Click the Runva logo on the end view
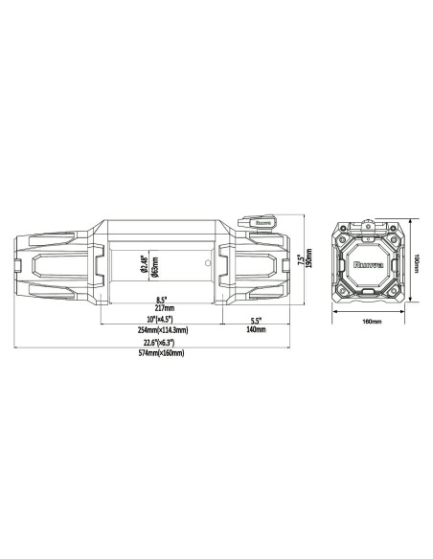pos(366,259)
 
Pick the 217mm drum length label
pos(162,307)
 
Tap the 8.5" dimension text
pos(162,299)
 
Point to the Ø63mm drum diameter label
pos(153,259)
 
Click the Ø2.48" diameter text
pos(143,259)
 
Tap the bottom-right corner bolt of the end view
pos(397,292)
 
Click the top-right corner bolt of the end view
pos(397,229)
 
